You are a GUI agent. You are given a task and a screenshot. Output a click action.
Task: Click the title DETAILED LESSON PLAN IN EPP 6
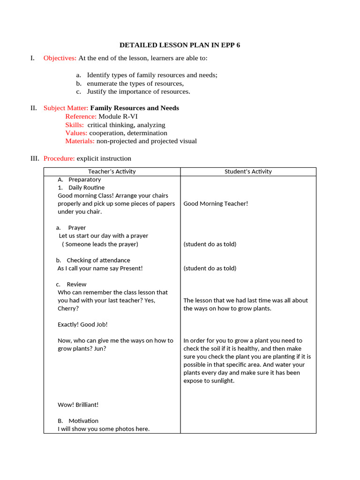[x=180, y=45]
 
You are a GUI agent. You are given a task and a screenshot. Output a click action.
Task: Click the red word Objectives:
[x=60, y=58]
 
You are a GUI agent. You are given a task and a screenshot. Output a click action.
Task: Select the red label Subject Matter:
[x=66, y=108]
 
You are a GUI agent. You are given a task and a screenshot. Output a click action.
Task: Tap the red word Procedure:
[x=59, y=158]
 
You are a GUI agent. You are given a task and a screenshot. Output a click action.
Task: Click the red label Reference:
[x=81, y=116]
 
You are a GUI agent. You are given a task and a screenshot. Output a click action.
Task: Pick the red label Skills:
[x=75, y=125]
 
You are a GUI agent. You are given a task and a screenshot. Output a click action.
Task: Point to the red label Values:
[x=76, y=133]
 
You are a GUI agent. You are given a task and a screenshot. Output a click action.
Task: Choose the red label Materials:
[x=80, y=141]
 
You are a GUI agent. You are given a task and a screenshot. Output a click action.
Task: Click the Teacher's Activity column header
[x=112, y=172]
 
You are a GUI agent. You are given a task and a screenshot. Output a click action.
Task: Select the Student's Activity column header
[x=248, y=172]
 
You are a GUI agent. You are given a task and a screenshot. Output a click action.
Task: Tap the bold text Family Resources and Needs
[x=135, y=108]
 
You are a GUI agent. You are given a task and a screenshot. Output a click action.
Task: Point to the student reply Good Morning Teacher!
[x=216, y=203]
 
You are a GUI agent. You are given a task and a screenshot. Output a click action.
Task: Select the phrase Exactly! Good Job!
[x=82, y=324]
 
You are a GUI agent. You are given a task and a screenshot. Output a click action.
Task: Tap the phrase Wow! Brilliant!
[x=78, y=405]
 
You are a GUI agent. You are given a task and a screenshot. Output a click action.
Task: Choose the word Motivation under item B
[x=83, y=421]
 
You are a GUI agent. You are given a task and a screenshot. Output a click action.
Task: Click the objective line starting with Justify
[x=138, y=91]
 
